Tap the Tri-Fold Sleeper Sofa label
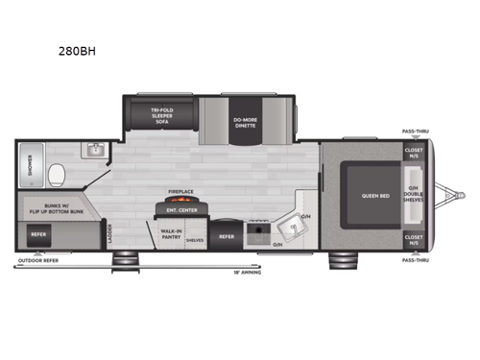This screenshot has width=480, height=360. (160, 116)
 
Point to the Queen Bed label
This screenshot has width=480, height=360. (375, 195)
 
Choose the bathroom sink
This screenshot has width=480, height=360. (94, 151)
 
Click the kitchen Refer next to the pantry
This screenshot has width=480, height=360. (228, 235)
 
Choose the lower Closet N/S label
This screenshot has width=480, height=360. (415, 238)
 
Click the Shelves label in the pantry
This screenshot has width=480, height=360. (194, 240)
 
